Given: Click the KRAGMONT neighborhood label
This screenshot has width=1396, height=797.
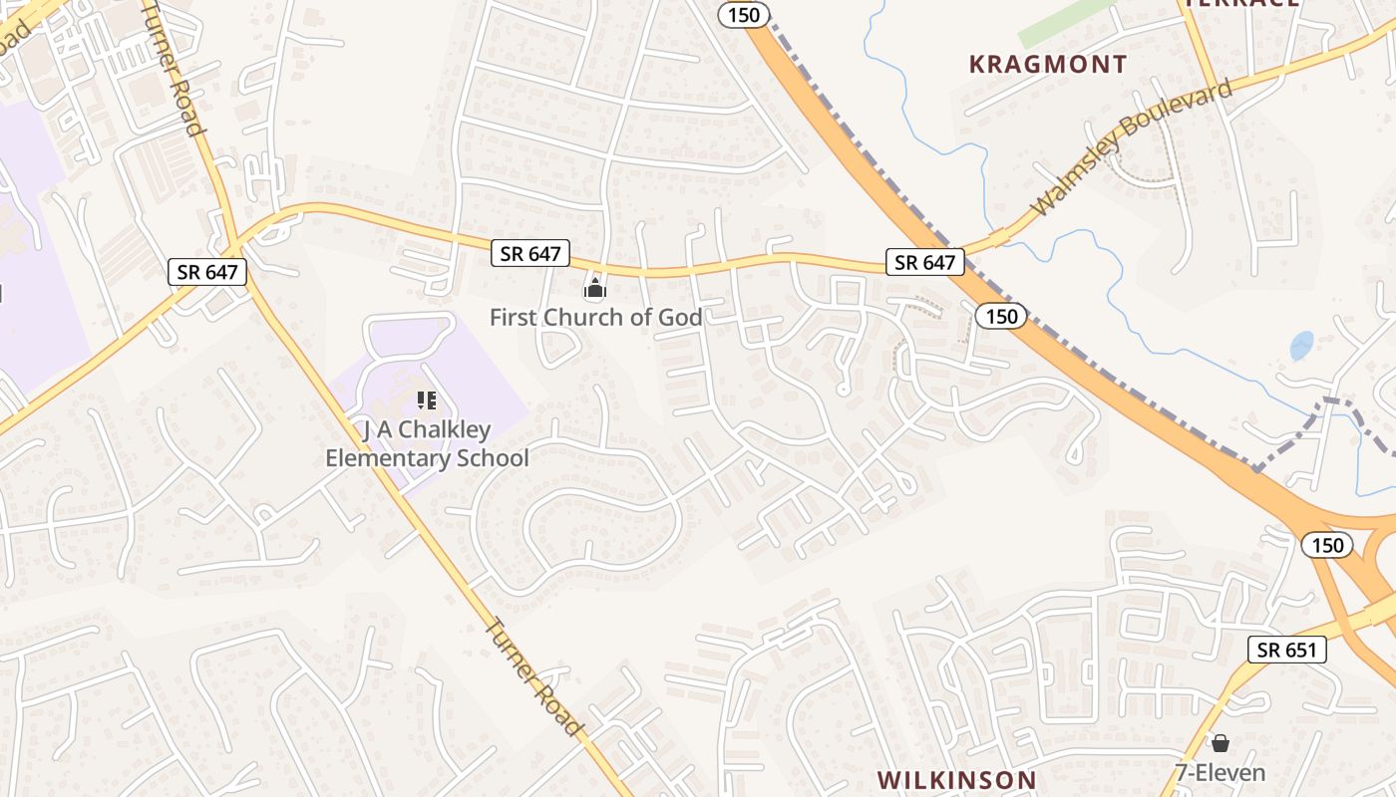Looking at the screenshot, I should (1048, 65).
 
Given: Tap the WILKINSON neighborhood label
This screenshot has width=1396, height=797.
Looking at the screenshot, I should (957, 779).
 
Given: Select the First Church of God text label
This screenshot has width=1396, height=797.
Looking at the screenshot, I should (595, 318).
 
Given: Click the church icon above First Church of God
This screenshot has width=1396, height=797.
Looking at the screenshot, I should (595, 290).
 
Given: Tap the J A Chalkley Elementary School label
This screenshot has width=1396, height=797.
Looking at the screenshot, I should (427, 444).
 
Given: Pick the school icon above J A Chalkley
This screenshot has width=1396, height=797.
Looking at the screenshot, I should (427, 401).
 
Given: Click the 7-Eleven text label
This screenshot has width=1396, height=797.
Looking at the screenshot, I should (1220, 772).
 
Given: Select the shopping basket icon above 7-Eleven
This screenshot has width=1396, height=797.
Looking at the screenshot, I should (1220, 743).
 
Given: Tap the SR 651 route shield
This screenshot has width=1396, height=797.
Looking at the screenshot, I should (1287, 651).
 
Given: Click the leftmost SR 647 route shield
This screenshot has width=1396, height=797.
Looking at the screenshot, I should (206, 272).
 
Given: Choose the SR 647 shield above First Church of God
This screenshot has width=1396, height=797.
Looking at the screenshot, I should (530, 254).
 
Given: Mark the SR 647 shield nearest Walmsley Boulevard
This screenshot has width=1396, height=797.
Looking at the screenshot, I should (925, 263).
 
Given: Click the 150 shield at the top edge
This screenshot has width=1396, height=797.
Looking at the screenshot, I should (744, 14).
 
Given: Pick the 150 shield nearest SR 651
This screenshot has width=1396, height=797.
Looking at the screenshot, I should (1327, 545).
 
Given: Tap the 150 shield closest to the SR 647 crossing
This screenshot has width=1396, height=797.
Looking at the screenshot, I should (1000, 317).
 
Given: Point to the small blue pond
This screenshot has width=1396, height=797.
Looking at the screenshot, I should (1301, 346).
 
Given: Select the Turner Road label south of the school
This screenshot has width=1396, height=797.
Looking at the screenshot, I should (532, 677).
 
